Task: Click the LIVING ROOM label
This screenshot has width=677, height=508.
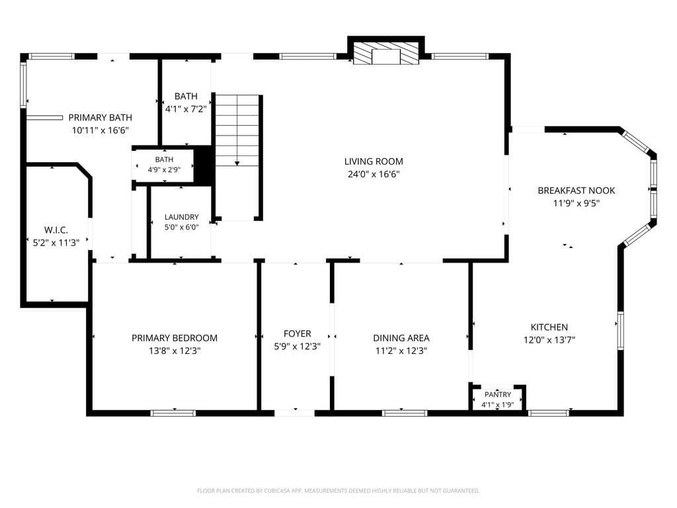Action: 374,161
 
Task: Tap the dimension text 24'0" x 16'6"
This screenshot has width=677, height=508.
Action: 374,175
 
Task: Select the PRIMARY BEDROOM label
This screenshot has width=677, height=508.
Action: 175,338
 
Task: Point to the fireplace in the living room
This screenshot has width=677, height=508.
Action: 386,53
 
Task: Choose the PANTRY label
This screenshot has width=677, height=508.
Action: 497,394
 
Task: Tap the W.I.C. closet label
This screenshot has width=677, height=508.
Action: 56,230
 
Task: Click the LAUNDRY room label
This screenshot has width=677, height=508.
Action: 181,217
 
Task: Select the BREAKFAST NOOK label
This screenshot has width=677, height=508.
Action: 577,190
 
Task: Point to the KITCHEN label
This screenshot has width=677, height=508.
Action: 549,327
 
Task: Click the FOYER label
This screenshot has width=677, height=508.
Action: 297,333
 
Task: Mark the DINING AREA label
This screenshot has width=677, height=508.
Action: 401,338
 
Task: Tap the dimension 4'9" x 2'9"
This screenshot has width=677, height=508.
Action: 164,170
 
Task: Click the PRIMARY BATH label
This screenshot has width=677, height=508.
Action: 100,118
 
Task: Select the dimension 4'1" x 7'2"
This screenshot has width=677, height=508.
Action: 186,109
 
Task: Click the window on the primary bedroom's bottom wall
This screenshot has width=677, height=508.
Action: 173,413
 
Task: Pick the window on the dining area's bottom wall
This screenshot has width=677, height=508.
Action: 405,413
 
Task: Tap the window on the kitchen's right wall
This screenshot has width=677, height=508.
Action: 620,331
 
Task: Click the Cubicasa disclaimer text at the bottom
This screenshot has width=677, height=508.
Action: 338,491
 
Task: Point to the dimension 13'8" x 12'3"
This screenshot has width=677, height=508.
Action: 175,351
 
